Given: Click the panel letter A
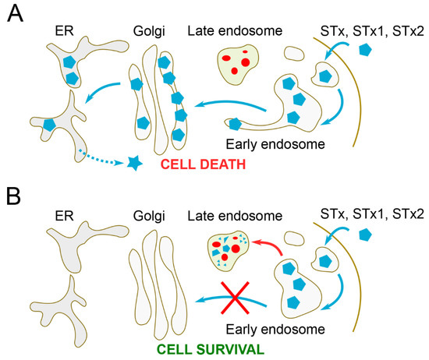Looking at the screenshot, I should point(12,13).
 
